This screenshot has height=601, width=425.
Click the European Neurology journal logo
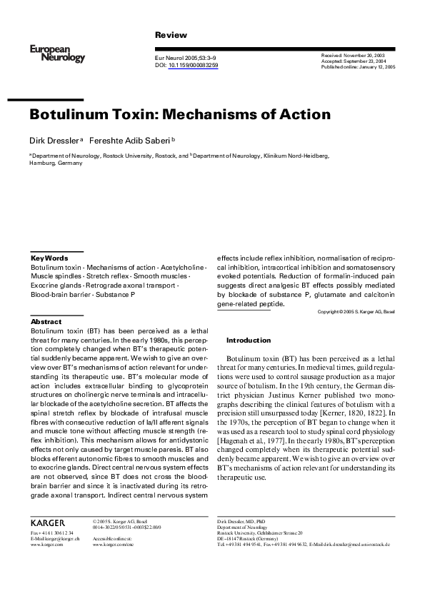(57, 53)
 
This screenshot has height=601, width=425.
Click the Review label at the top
(171, 35)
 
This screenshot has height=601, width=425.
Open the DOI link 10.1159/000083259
(194, 65)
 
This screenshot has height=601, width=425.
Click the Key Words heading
(49, 258)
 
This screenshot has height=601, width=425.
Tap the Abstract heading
(46, 322)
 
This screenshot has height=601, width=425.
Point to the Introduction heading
(249, 340)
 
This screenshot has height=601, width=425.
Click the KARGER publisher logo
(48, 522)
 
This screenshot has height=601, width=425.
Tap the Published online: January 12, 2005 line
(358, 66)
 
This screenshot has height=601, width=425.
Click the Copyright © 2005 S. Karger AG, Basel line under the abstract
(356, 312)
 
